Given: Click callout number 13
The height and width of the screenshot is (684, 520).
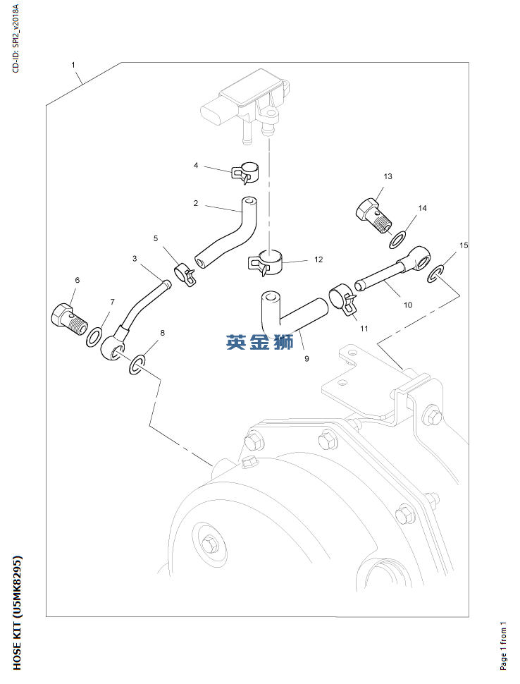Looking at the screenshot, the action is (x=388, y=176).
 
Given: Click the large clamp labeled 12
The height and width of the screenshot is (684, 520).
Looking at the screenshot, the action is (x=266, y=262).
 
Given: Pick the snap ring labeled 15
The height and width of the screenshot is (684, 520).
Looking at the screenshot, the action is (x=436, y=273).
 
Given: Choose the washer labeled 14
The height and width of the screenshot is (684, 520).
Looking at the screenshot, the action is (x=397, y=240).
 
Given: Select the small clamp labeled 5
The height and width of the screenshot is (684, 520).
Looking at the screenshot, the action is (x=185, y=275).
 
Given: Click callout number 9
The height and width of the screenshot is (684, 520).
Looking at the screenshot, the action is (x=307, y=359).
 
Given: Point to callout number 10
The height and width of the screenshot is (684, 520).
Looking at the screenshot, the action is (x=407, y=305).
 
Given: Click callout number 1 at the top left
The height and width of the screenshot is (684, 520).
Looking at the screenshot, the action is (x=73, y=65).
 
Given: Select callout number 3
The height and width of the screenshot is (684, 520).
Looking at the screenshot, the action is (x=135, y=259).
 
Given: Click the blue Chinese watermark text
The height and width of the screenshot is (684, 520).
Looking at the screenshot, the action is (x=260, y=342).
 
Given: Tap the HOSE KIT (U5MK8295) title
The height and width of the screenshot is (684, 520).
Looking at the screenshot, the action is (x=17, y=613).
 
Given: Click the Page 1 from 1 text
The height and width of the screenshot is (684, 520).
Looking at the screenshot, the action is (x=503, y=646).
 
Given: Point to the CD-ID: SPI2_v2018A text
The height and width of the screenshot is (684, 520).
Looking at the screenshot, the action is (x=16, y=39).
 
